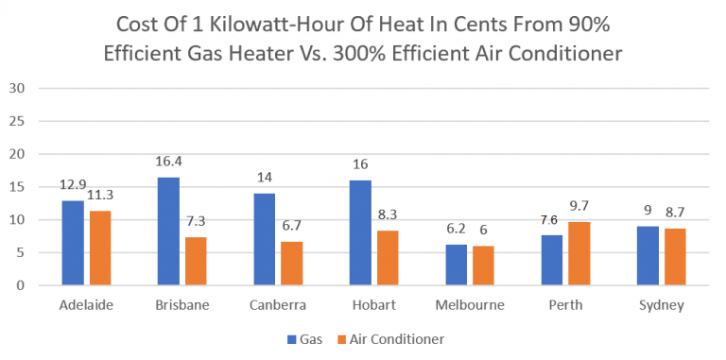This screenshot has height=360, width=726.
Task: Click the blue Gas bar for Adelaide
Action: click(x=73, y=243)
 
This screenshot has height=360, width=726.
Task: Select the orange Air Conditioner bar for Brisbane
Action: click(x=196, y=261)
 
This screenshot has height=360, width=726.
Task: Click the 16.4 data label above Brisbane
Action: click(x=169, y=162)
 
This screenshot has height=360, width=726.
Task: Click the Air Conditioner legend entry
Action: click(x=396, y=338)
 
